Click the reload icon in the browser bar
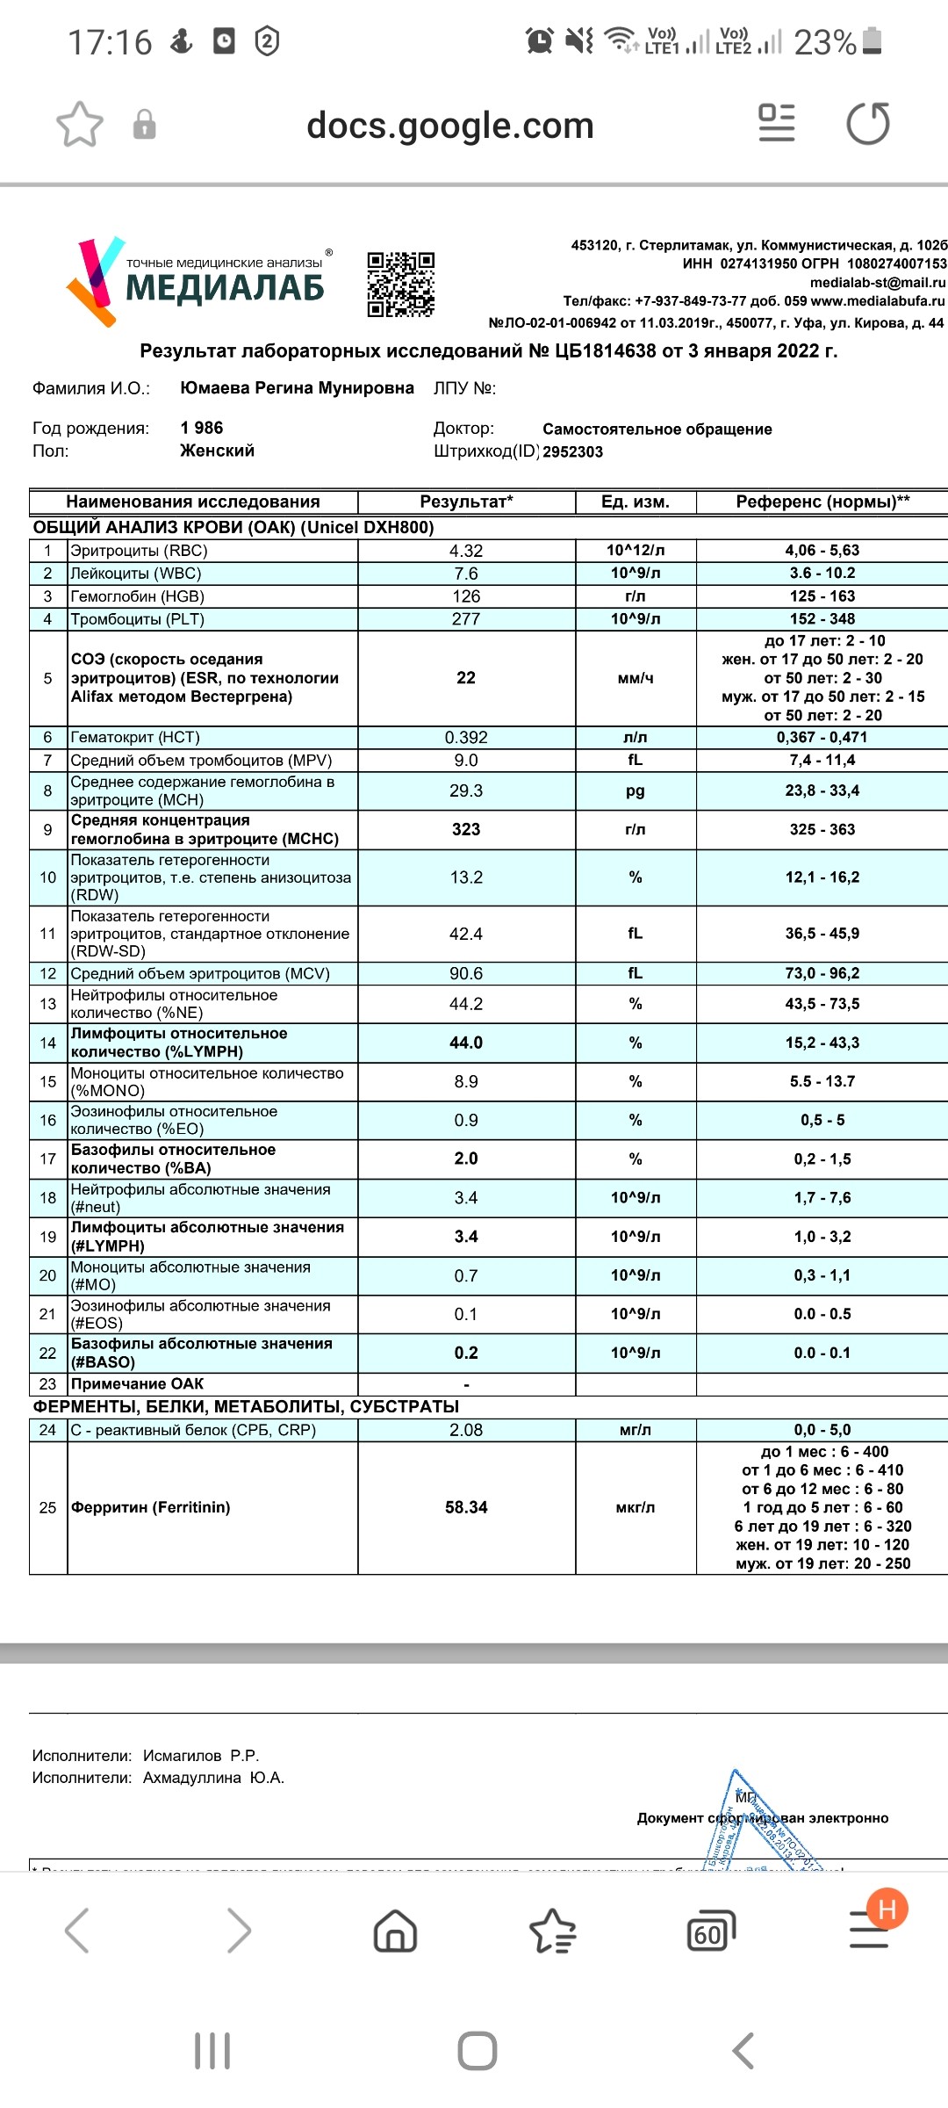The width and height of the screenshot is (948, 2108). click(867, 124)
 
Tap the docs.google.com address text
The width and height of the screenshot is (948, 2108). click(450, 126)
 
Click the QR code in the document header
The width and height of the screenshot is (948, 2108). click(400, 284)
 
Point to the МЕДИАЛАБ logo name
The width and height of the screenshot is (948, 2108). click(225, 288)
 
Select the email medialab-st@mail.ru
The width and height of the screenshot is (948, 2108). click(878, 283)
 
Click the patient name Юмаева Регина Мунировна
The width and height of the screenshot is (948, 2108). click(297, 388)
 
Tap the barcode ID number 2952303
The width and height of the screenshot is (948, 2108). click(572, 451)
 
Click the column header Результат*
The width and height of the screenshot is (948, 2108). click(466, 502)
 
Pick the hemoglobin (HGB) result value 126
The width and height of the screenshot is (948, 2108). click(466, 596)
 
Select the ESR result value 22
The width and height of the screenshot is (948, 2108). click(466, 678)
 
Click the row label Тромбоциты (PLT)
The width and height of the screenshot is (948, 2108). click(138, 619)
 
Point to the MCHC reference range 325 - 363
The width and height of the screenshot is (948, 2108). click(822, 829)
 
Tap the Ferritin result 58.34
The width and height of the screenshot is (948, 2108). click(466, 1507)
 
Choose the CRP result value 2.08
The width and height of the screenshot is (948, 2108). click(466, 1430)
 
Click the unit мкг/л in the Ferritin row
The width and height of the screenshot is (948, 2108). click(636, 1507)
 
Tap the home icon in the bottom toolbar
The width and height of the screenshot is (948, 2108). click(395, 1931)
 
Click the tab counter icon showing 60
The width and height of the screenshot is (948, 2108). click(710, 1931)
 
